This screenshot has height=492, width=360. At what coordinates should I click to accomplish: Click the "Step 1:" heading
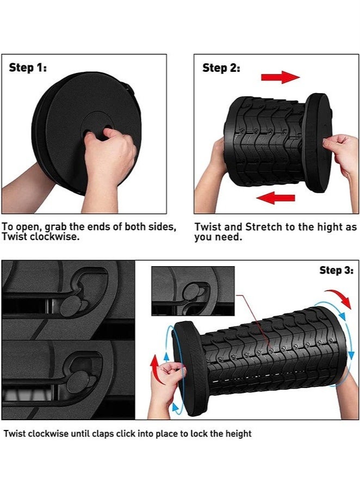(28, 67)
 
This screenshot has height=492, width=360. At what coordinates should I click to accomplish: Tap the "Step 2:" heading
(221, 68)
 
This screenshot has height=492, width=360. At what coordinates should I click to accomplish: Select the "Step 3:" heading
(337, 270)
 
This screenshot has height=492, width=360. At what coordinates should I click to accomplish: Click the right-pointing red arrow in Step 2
(281, 77)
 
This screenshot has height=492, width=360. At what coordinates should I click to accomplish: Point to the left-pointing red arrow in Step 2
(276, 198)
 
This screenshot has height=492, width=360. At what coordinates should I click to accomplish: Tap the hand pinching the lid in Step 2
(343, 153)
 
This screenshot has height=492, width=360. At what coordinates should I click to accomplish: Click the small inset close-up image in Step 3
(193, 291)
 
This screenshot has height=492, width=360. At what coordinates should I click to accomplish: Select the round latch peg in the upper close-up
(71, 306)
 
